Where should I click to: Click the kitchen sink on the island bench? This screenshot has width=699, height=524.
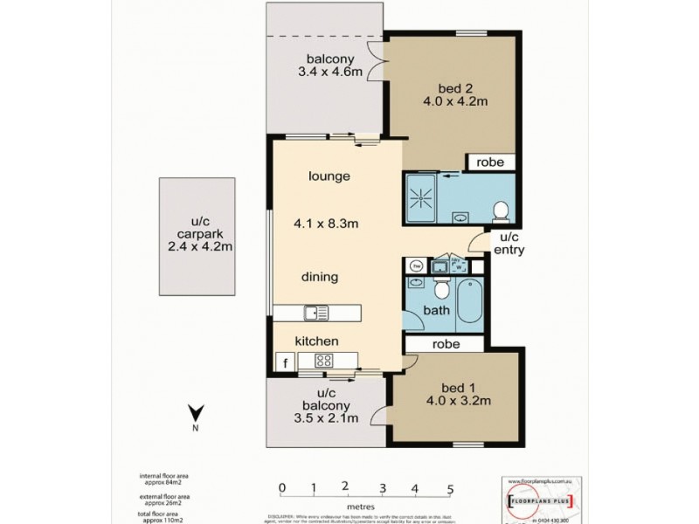click(x=315, y=312)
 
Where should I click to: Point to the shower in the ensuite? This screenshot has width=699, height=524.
click(x=421, y=198)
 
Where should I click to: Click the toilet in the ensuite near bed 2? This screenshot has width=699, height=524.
click(x=501, y=210)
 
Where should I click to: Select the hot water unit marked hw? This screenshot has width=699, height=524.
click(x=417, y=265)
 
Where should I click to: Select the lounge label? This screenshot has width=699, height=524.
click(x=329, y=176)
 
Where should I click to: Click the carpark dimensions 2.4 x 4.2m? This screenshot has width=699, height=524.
click(x=197, y=248)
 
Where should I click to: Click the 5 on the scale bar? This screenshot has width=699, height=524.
click(x=450, y=487)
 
